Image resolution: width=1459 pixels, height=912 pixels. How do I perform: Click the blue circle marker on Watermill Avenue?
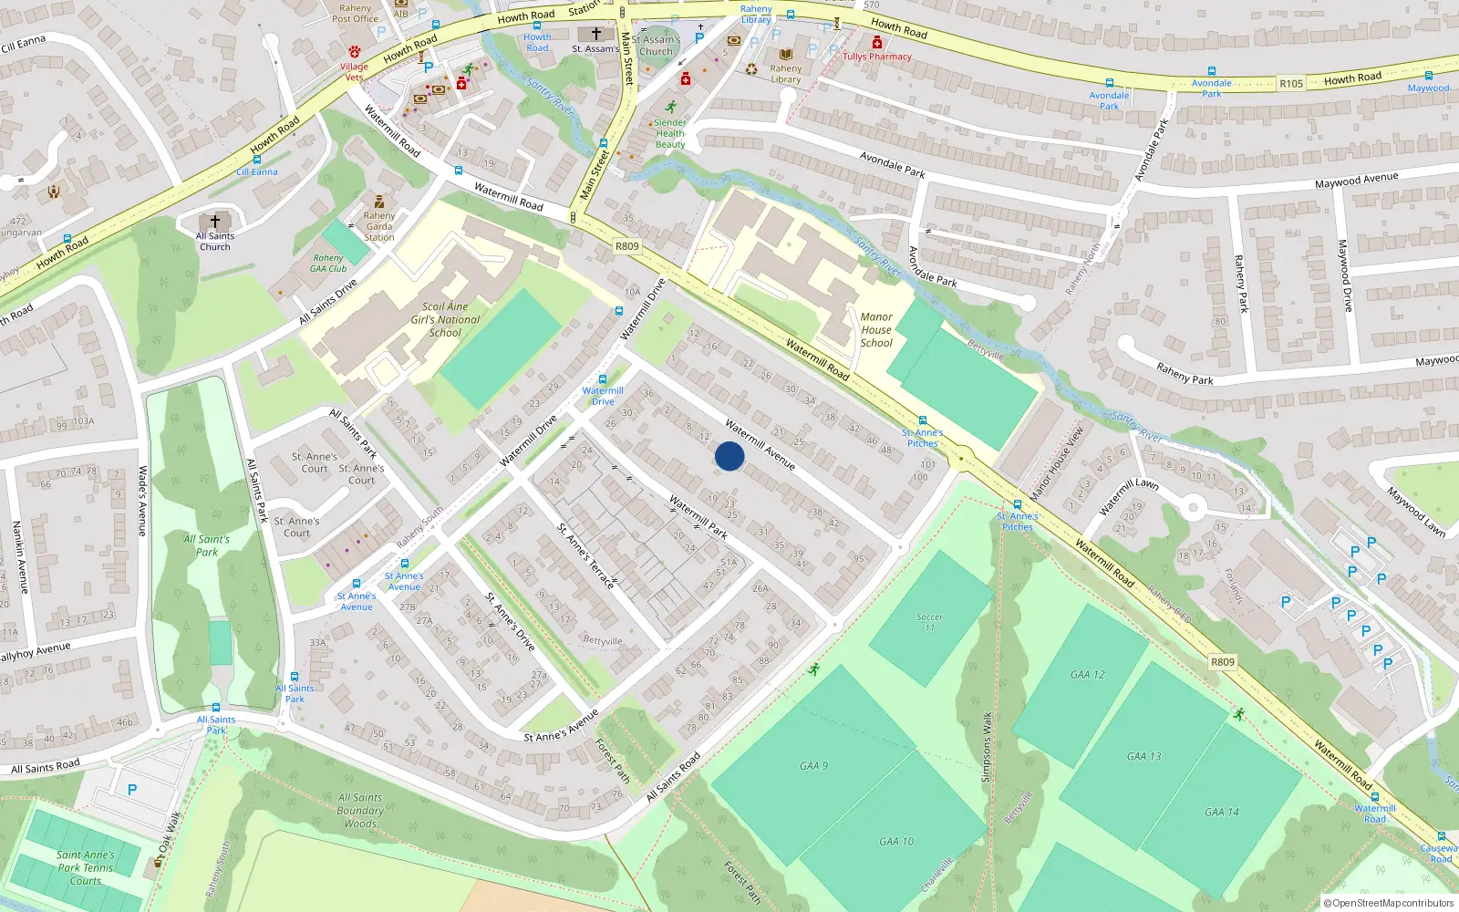(729, 456)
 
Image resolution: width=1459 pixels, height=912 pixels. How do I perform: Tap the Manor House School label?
(876, 330)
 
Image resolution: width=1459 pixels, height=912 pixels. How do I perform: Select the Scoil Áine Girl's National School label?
(445, 320)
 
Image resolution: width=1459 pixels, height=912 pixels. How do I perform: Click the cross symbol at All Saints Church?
(215, 221)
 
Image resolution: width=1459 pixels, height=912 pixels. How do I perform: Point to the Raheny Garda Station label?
(379, 226)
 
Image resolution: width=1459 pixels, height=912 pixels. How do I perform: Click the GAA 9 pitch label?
(813, 766)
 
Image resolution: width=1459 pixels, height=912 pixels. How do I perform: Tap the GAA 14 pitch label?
(1221, 812)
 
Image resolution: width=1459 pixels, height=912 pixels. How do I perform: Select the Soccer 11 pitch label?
(929, 622)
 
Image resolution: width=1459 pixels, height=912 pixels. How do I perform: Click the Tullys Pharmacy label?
(876, 57)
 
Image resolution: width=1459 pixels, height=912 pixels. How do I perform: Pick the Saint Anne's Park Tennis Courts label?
(86, 868)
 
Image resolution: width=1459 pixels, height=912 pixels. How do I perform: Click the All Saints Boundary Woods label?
(360, 811)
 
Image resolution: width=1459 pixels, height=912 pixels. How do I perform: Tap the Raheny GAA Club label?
(328, 264)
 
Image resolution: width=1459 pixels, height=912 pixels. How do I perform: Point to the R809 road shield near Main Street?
(627, 246)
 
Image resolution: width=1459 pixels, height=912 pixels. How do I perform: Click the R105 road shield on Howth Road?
(1291, 84)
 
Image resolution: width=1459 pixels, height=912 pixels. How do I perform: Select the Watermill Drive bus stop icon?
(602, 379)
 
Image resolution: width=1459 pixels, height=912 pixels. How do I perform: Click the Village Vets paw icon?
(355, 52)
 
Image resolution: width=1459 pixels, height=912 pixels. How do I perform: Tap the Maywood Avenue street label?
(1356, 181)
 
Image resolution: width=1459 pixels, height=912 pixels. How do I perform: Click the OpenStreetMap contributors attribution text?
(1388, 903)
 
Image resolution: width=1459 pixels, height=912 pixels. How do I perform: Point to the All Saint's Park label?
(207, 545)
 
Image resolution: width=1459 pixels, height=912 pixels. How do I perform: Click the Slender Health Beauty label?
(670, 133)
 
